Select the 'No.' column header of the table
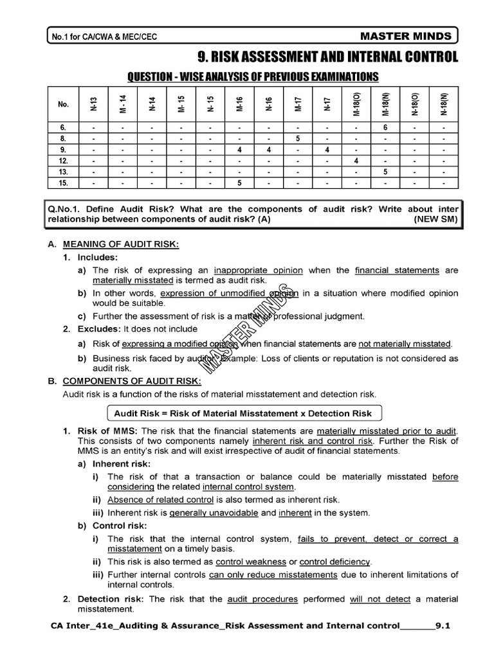click(x=63, y=104)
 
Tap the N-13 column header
click(x=93, y=104)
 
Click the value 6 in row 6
click(x=385, y=127)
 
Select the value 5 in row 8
click(x=298, y=138)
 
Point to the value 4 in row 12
click(x=356, y=161)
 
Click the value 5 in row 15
click(x=239, y=182)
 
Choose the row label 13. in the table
click(x=63, y=172)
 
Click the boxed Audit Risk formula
click(x=242, y=413)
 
